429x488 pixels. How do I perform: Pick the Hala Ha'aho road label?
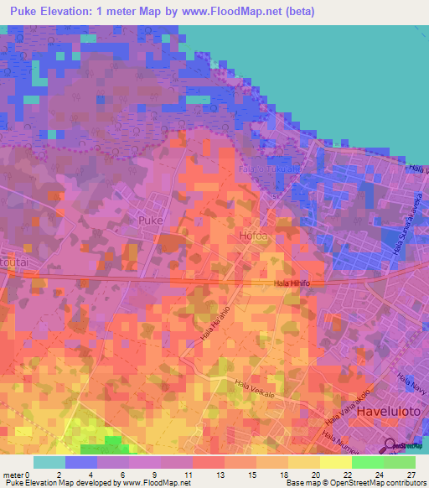pyautogui.click(x=213, y=323)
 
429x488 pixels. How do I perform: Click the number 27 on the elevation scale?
pyautogui.click(x=411, y=474)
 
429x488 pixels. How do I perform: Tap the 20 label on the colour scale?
pyautogui.click(x=315, y=474)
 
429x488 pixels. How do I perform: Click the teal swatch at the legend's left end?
pyautogui.click(x=49, y=462)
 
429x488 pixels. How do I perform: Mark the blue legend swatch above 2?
pyautogui.click(x=81, y=462)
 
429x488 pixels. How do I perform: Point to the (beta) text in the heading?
pyautogui.click(x=339, y=11)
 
